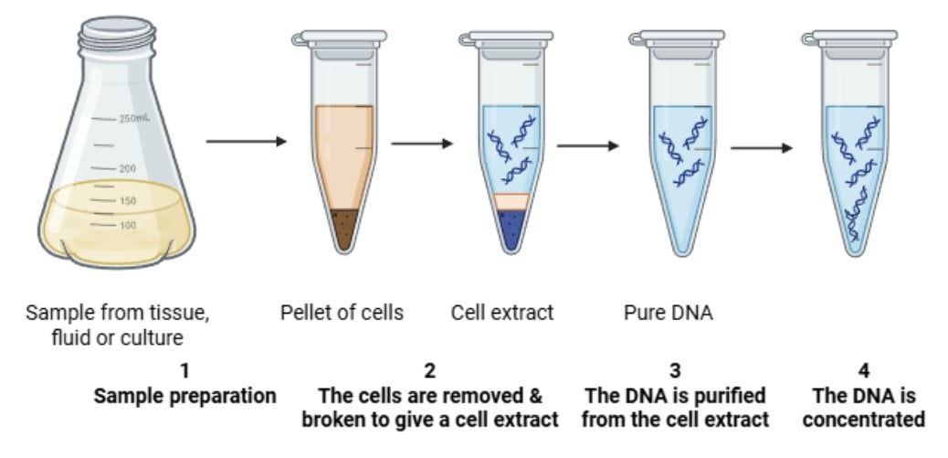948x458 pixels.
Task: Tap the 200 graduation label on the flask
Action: (127, 169)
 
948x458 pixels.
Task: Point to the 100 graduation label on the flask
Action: (127, 225)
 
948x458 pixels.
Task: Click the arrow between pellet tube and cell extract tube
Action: (422, 144)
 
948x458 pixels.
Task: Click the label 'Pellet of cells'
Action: (342, 313)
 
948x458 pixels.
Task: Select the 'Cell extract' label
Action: (502, 313)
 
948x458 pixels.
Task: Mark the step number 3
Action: (674, 371)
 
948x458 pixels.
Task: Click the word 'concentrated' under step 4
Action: (864, 420)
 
